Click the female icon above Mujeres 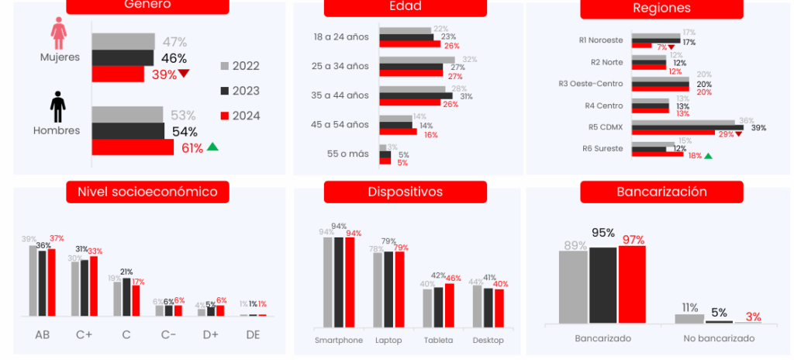[x=58, y=34]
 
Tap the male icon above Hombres [x=58, y=106]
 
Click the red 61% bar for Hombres [x=133, y=147]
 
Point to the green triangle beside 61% [x=212, y=147]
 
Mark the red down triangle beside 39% [x=184, y=74]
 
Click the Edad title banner [x=406, y=7]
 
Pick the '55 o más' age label [x=348, y=154]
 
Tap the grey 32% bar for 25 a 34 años [x=416, y=60]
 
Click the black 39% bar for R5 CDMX [x=687, y=127]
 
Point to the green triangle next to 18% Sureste [x=708, y=156]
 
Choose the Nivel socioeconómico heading [x=147, y=191]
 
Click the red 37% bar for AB [x=52, y=283]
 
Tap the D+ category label [x=210, y=334]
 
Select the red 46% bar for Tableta [x=448, y=305]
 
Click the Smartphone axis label [x=339, y=340]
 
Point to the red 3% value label [x=753, y=317]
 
